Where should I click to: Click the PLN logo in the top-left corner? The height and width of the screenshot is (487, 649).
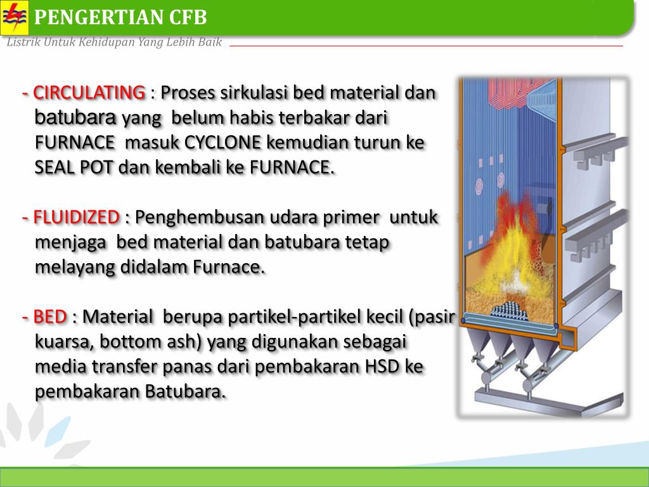coord(14,18)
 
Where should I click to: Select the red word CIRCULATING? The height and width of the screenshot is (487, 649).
coord(89,93)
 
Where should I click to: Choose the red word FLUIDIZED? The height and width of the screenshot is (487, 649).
coord(76,218)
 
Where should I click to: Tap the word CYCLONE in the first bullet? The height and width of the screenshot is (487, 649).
coord(223,143)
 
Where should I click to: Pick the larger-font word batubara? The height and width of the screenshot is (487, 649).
coord(75,117)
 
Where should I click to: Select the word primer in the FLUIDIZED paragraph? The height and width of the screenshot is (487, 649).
coord(350,218)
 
